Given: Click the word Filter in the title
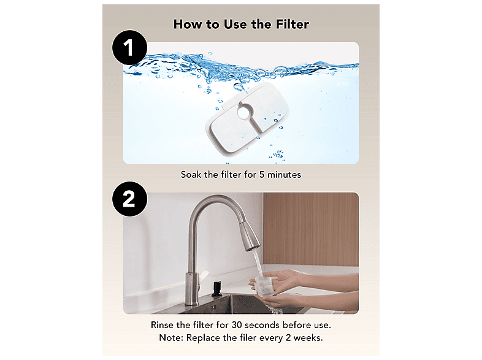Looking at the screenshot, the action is pyautogui.click(x=292, y=25).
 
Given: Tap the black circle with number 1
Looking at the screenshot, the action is pyautogui.click(x=130, y=47).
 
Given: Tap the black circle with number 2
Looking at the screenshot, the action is pyautogui.click(x=130, y=199).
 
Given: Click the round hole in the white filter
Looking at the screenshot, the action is pyautogui.click(x=244, y=112).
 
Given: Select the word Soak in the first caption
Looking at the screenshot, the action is pyautogui.click(x=191, y=175).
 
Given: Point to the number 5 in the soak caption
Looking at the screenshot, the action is pyautogui.click(x=262, y=175).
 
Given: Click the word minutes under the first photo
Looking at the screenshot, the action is pyautogui.click(x=284, y=175).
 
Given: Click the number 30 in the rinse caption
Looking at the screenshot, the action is pyautogui.click(x=237, y=325).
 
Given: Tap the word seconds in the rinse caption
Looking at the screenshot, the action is pyautogui.click(x=262, y=325).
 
